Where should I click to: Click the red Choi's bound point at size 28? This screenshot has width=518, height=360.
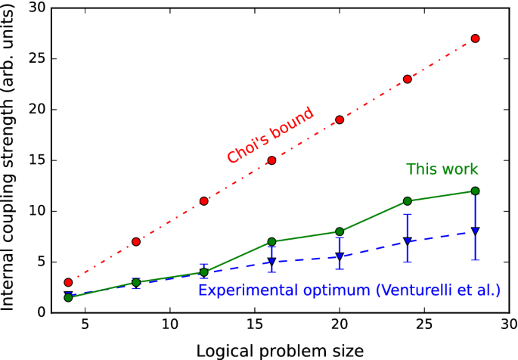(x=475, y=39)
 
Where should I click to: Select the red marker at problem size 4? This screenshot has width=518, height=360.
(x=68, y=282)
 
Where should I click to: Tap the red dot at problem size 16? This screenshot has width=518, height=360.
(x=271, y=160)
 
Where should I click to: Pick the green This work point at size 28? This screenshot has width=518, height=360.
(x=475, y=191)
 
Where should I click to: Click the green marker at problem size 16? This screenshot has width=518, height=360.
(x=271, y=242)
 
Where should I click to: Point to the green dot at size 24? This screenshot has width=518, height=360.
(x=408, y=201)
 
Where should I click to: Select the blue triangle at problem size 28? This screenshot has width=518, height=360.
(x=475, y=231)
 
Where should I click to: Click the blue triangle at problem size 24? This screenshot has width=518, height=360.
(x=408, y=242)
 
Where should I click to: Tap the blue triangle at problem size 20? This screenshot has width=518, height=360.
(x=340, y=257)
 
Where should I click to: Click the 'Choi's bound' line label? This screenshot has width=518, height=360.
(x=270, y=135)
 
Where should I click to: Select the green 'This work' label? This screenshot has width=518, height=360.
(x=442, y=169)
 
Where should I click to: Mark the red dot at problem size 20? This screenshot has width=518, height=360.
(x=340, y=119)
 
